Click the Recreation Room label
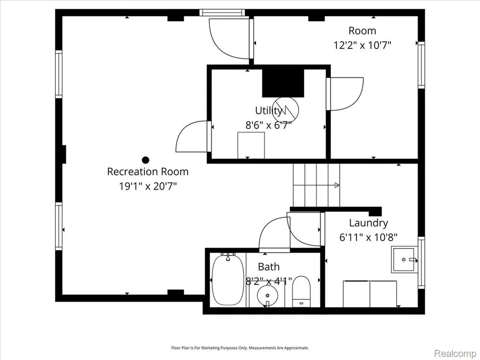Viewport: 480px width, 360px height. [x=148, y=172]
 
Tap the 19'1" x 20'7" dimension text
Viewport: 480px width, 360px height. [x=148, y=186]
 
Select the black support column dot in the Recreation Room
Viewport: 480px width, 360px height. [x=145, y=160]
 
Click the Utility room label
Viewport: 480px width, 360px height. [x=269, y=111]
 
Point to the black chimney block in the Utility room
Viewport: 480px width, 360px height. [x=283, y=83]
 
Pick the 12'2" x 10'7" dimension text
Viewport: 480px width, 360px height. [x=362, y=45]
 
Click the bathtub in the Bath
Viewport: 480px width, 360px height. [x=228, y=279]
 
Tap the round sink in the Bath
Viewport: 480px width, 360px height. [x=268, y=296]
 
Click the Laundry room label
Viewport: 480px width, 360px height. [x=368, y=223]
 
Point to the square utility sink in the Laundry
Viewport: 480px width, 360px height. [x=404, y=260]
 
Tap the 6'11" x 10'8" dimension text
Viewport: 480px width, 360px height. [x=368, y=237]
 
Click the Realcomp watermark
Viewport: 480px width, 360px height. [x=455, y=353]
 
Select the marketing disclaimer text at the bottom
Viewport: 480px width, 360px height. [x=240, y=348]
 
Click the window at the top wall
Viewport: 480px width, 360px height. [x=222, y=13]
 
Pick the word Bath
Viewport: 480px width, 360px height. [x=269, y=267]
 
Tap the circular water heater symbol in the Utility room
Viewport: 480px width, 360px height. [x=286, y=109]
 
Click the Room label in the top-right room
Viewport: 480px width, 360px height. [x=362, y=30]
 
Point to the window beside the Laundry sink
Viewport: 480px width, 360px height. [x=421, y=262]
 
